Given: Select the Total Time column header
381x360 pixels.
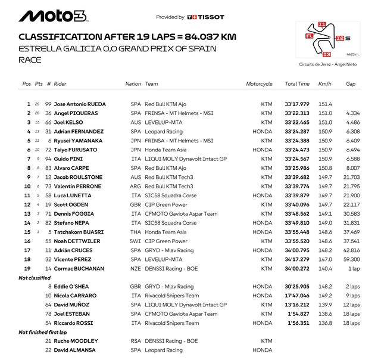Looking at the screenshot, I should pyautogui.click(x=297, y=84).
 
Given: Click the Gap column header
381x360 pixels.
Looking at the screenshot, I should pyautogui.click(x=350, y=84).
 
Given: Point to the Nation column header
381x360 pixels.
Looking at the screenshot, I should pyautogui.click(x=133, y=84).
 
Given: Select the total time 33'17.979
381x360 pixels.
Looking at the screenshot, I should pyautogui.click(x=297, y=104).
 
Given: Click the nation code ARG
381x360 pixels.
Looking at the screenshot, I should pyautogui.click(x=136, y=187).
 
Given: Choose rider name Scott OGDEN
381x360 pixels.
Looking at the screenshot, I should pyautogui.click(x=71, y=205).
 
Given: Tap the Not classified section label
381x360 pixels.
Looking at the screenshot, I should pyautogui.click(x=35, y=278).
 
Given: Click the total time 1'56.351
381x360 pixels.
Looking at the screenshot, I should pyautogui.click(x=297, y=323).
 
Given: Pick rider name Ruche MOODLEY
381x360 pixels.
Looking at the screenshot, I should pyautogui.click(x=74, y=341).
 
